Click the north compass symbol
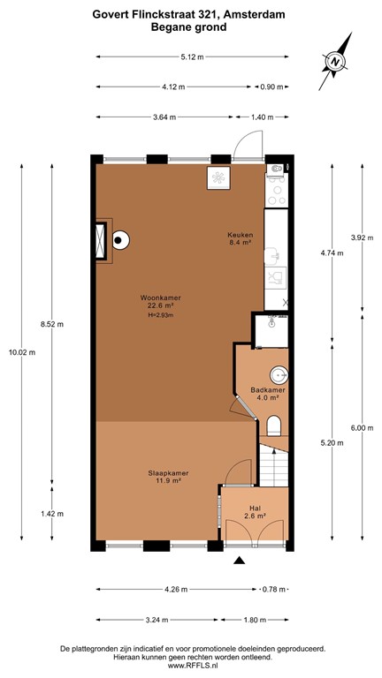(x=336, y=61)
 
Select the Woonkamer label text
(x=155, y=298)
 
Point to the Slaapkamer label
(x=164, y=474)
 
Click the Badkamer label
(x=266, y=389)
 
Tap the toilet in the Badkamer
(x=273, y=427)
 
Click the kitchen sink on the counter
(x=275, y=256)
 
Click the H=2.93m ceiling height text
(x=160, y=315)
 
